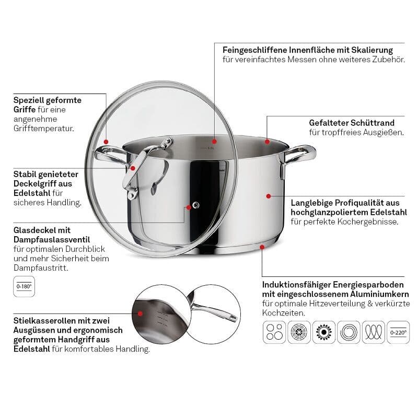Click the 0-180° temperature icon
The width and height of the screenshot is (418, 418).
pyautogui.click(x=24, y=286)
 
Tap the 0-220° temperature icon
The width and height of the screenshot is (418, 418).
pyautogui.click(x=398, y=332)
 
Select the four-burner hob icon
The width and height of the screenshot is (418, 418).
pyautogui.click(x=274, y=332)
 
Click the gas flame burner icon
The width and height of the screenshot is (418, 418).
pyautogui.click(x=324, y=332)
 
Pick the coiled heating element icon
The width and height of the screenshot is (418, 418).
pyautogui.click(x=374, y=332)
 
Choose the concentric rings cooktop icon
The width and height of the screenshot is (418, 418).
pyautogui.click(x=349, y=332)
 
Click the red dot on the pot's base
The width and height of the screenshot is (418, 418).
pyautogui.click(x=262, y=247)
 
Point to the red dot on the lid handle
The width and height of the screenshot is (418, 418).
pyautogui.click(x=133, y=168)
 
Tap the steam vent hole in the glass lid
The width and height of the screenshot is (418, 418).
pyautogui.click(x=196, y=205)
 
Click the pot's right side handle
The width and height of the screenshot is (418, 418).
pyautogui.click(x=297, y=157)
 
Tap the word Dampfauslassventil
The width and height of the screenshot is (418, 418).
pyautogui.click(x=52, y=240)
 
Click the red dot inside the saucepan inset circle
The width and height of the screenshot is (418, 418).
pyautogui.click(x=140, y=314)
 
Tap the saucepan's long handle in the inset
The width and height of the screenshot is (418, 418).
pyautogui.click(x=213, y=310)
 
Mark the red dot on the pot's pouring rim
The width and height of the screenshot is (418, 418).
pyautogui.click(x=268, y=142)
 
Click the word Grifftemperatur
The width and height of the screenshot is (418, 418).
pyautogui.click(x=44, y=129)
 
